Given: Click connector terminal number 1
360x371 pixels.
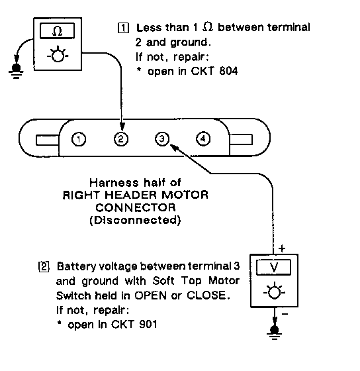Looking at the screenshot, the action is pos(79,139).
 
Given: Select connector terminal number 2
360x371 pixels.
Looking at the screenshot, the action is pos(121,139).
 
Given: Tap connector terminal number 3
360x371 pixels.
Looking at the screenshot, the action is pos(162,138).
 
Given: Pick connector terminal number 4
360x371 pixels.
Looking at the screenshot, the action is pos(203,138).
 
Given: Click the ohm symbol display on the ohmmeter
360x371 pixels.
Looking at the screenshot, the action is pos(57,30).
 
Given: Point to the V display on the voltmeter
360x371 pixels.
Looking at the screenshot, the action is pos(273,268).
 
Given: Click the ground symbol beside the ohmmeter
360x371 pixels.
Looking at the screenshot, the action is pos(16,70).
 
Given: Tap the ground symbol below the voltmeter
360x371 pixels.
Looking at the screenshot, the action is pos(274,332).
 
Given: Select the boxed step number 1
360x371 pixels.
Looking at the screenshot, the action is pos(123,28).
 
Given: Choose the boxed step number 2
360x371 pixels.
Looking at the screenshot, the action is pos(44,266).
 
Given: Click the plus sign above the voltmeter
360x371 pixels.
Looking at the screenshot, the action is pos(282,248).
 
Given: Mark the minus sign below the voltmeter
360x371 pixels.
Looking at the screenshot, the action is pos(285,314).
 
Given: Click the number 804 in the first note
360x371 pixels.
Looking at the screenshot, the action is pos(228,71).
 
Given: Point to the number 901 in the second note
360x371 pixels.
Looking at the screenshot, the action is pos(148,324).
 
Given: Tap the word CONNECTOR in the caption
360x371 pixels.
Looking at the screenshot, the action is pos(136,208).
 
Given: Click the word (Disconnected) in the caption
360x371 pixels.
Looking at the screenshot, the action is pos(136,220).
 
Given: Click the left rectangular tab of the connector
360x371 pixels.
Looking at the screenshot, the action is pos(47,140).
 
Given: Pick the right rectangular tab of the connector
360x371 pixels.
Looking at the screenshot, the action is pos(241,139).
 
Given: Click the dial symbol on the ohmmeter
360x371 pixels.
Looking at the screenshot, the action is pos(58,56).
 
